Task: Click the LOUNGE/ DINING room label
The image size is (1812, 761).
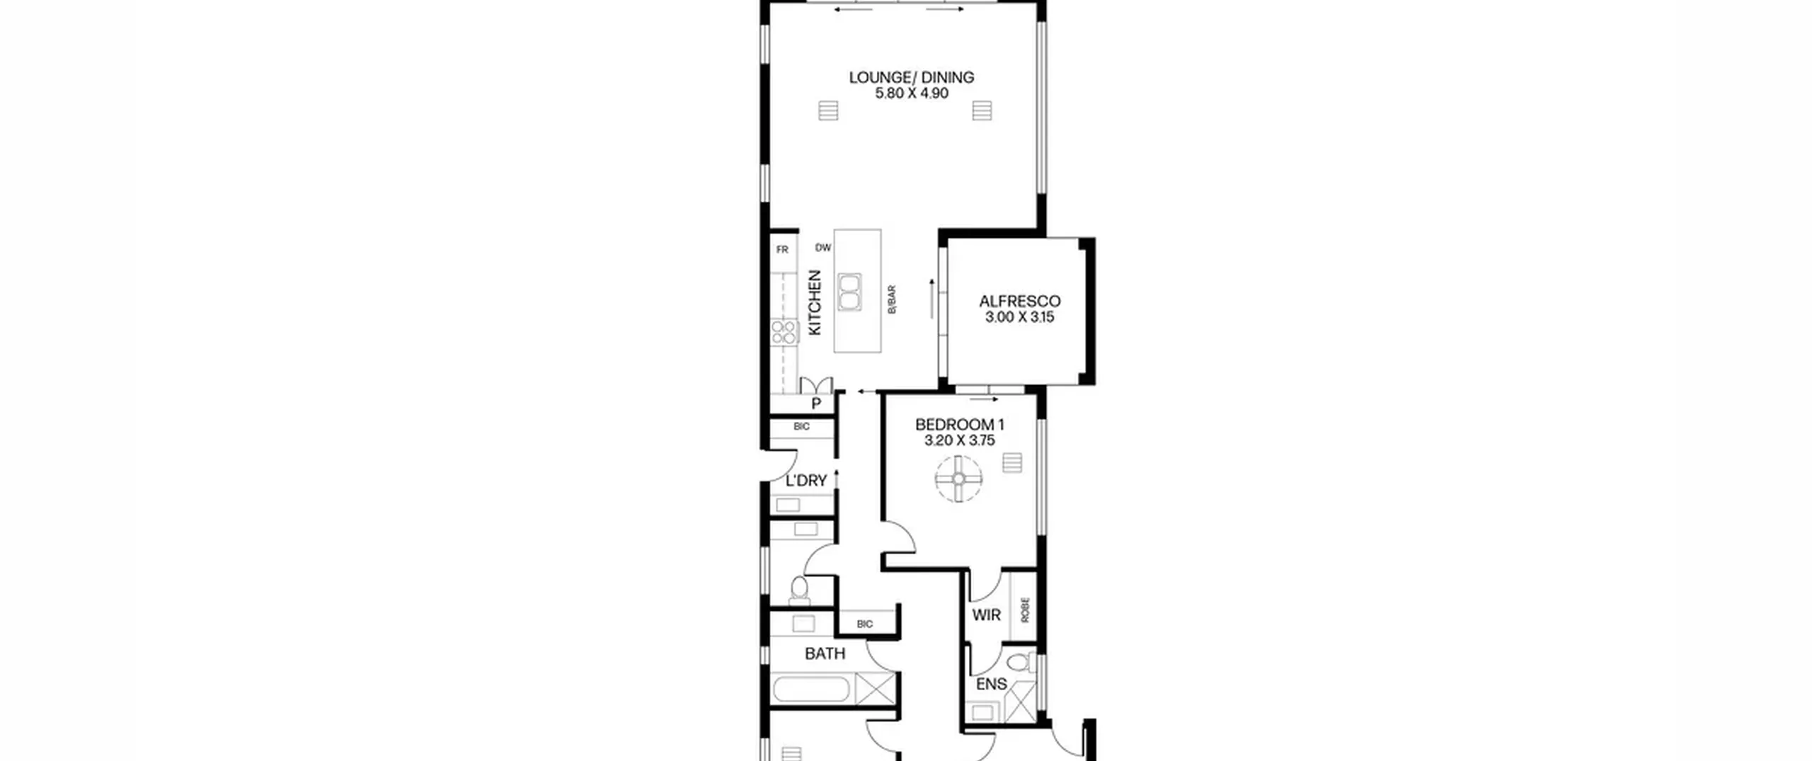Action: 912,77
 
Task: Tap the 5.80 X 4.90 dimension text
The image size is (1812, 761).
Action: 912,93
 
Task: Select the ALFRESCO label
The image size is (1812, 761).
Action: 1020,302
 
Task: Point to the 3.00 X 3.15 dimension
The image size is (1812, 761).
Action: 1020,317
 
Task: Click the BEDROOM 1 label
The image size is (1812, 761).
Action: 960,425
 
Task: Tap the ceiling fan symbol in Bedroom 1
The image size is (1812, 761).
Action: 958,479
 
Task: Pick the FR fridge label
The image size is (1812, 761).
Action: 782,249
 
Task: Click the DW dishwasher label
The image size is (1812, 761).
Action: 823,248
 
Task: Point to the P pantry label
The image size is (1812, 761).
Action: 816,404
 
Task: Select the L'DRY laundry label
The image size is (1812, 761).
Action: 806,481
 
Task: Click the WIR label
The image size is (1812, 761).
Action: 987,615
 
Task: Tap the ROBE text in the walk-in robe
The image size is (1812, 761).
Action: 1025,610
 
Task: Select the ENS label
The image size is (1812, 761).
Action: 991,685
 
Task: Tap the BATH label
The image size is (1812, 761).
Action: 825,653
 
